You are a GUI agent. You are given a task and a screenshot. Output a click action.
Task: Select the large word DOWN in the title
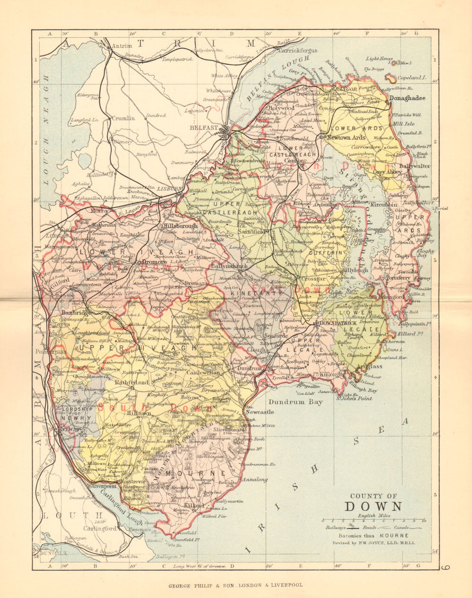[373, 507]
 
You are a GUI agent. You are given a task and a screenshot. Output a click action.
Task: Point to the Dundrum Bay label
[295, 402]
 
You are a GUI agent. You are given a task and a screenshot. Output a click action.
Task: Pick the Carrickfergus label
[297, 50]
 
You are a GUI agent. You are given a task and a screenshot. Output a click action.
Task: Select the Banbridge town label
[76, 312]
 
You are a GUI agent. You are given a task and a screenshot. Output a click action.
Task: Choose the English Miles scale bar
[373, 521]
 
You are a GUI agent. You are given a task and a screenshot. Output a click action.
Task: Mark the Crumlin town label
[123, 118]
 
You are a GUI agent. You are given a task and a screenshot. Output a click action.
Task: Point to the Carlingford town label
[100, 529]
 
